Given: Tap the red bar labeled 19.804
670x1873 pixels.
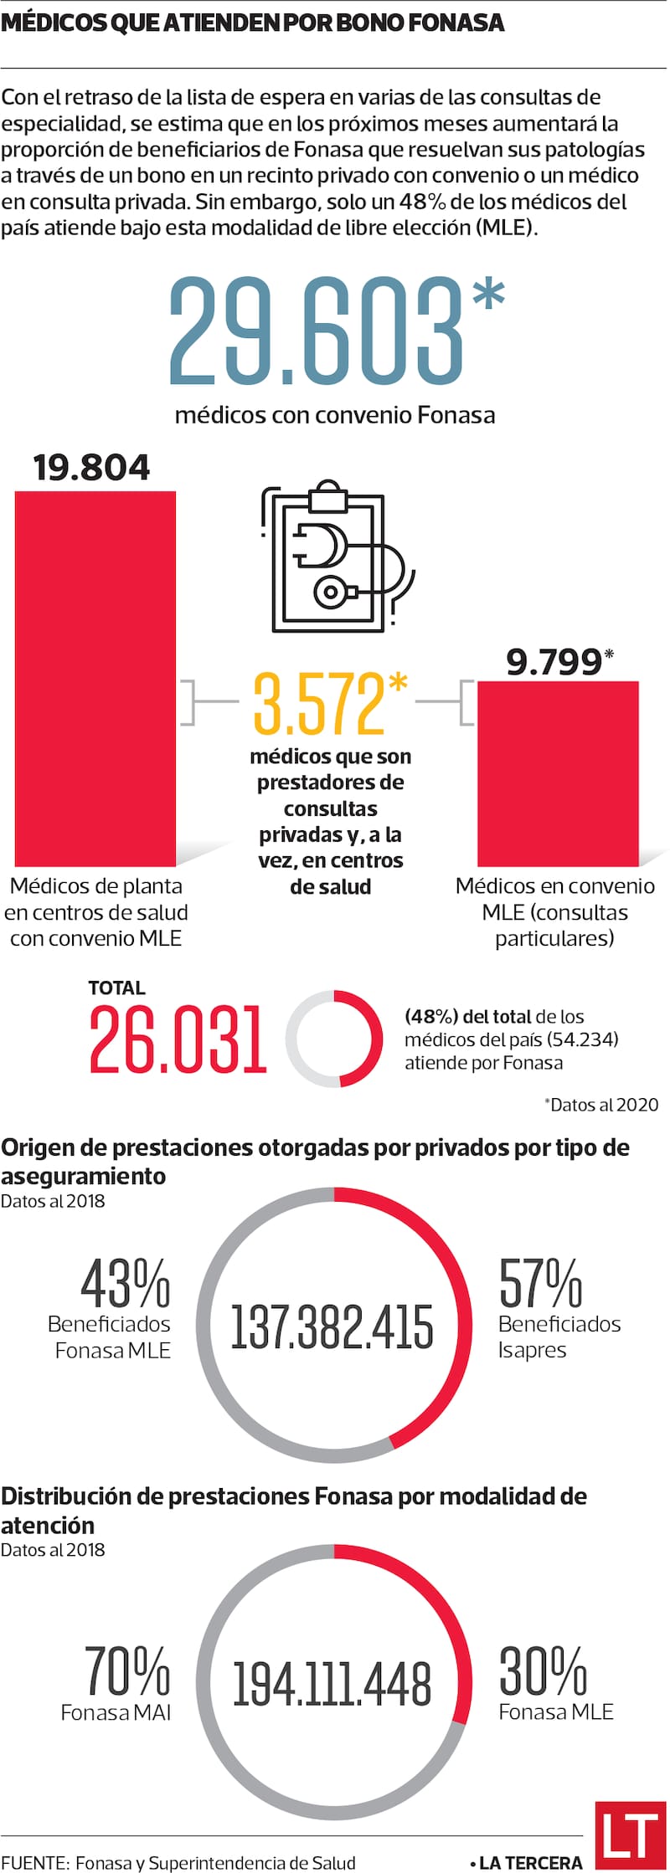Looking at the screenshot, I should tap(95, 678).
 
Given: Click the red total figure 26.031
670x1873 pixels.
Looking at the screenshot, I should tap(178, 1040).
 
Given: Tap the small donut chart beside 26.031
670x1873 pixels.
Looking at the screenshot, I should tap(334, 1039).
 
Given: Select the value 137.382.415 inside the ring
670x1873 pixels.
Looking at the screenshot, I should tap(332, 1327).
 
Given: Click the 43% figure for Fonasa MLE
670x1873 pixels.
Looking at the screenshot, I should tap(126, 1284).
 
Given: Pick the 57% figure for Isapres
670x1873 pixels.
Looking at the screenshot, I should tap(540, 1283).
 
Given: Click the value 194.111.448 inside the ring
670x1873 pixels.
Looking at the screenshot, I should tap(332, 1683).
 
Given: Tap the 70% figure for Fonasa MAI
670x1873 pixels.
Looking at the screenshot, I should tap(127, 1671).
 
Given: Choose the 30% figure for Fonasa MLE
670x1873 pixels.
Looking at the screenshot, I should tap(543, 1671).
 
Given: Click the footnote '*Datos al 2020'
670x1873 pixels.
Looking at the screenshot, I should tap(601, 1105).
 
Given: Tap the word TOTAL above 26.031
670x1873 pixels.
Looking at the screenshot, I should tap(116, 988).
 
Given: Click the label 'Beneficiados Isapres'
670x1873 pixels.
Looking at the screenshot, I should tap(559, 1337).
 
